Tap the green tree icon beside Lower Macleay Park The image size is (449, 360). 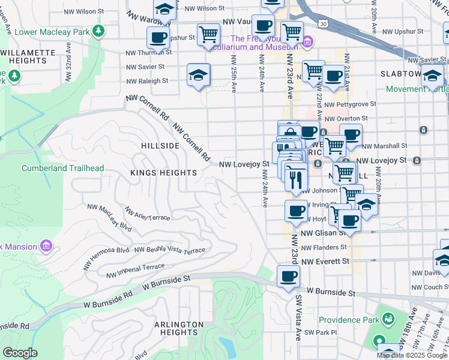98,32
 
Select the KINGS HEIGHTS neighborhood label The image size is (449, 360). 163,173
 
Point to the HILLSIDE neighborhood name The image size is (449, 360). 160,146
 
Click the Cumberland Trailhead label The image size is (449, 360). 62,169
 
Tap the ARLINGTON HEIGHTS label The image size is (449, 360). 179,329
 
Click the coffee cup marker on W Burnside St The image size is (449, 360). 288,277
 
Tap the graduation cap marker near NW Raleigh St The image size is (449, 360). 198,75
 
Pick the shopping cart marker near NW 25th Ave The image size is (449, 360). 208,34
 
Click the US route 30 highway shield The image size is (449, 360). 324,23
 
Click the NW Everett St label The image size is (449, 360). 325,262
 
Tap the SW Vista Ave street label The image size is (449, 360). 297,318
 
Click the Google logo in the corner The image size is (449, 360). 20,353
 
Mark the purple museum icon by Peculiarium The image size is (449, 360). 308,41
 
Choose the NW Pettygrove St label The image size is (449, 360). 350,104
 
